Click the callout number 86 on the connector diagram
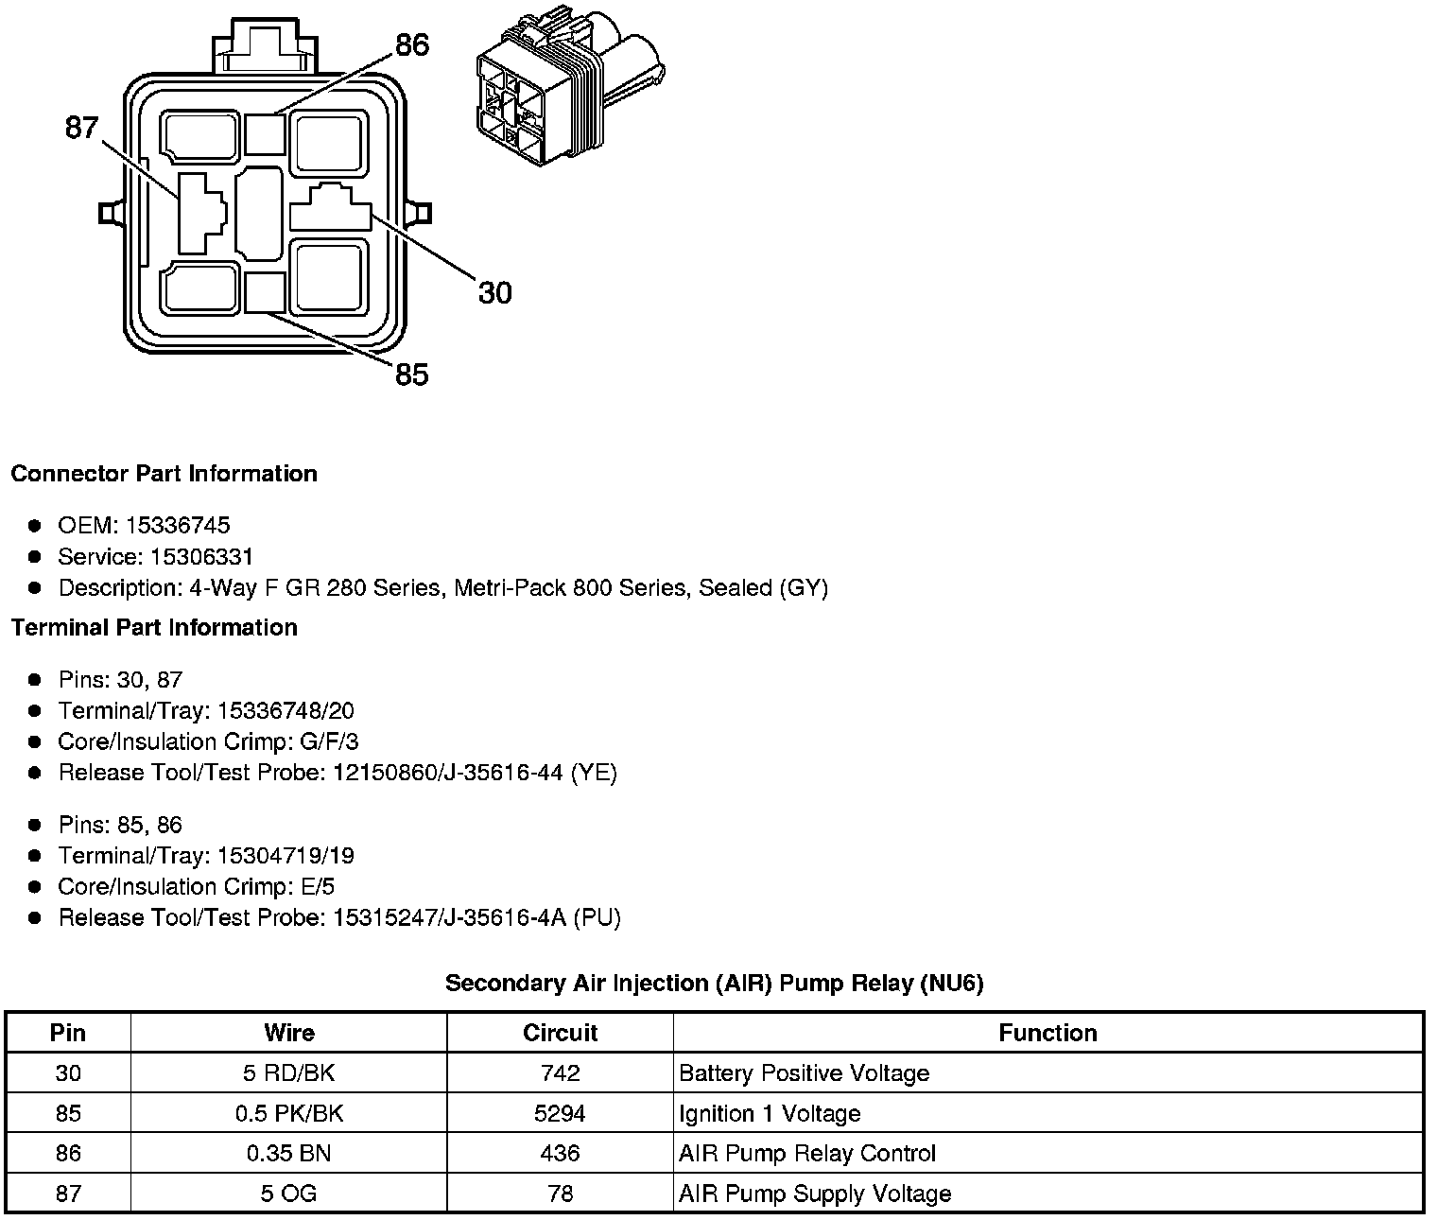coord(411,45)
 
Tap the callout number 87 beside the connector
coord(81,128)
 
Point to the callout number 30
coord(494,293)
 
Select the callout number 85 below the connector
coord(411,375)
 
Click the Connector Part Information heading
coord(164,474)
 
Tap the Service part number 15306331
coord(201,557)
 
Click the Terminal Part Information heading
coord(154,628)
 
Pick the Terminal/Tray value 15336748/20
coord(286,711)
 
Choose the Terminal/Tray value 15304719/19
coord(286,856)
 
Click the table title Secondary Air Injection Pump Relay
coord(714,984)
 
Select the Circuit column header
coord(560,1033)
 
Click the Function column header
coord(1047,1033)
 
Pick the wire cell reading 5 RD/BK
coord(288,1073)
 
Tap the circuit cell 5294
coord(560,1114)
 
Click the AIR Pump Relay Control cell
coord(806,1154)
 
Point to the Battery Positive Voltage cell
coord(804,1073)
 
